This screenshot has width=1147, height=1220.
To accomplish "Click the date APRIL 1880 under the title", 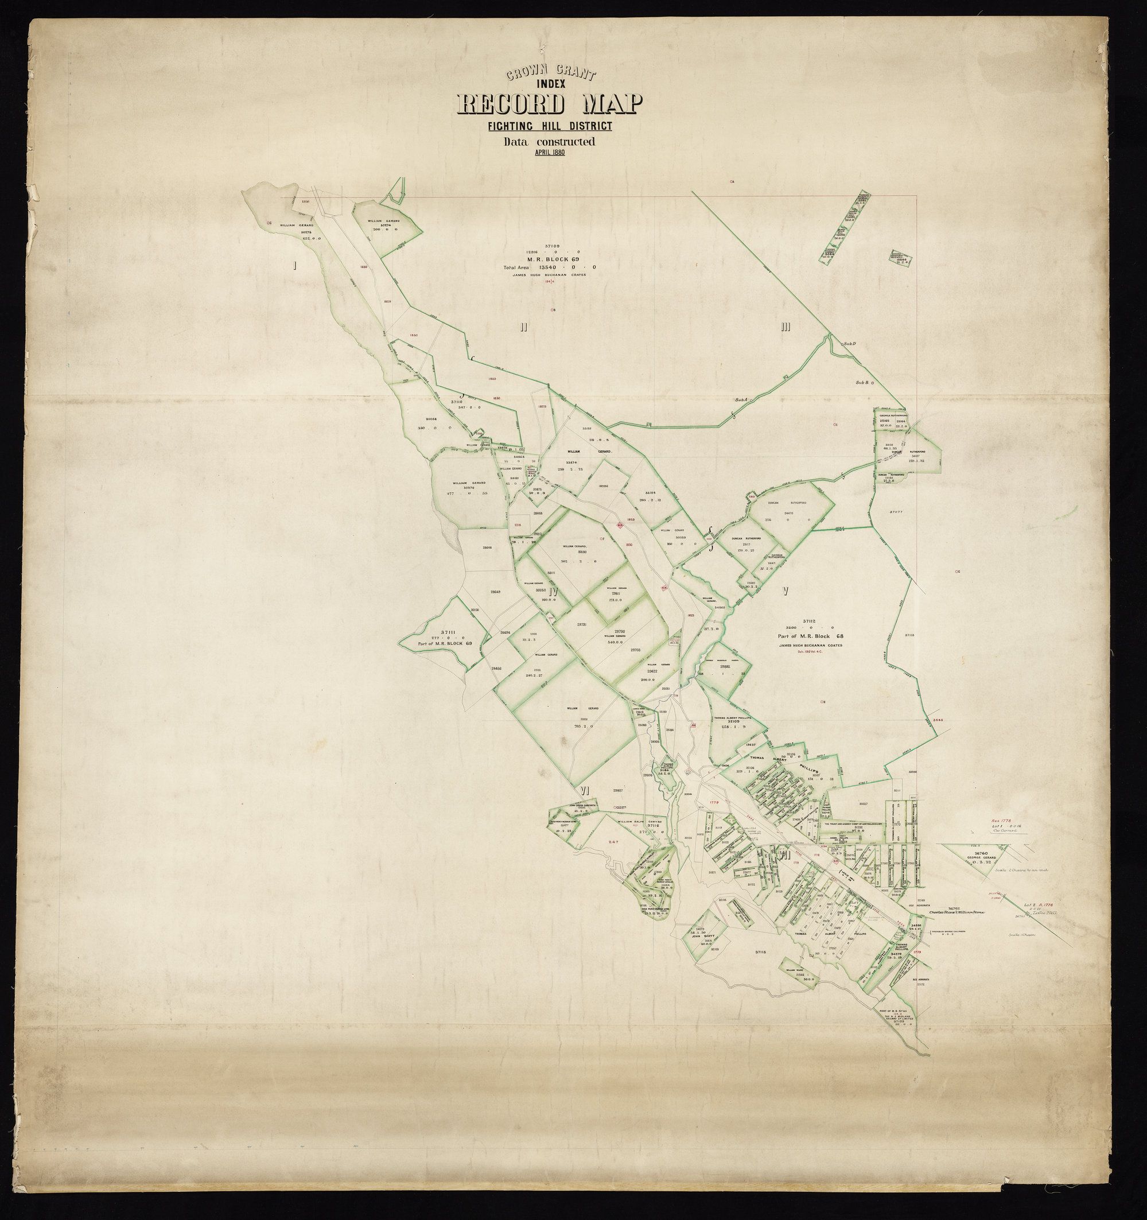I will coord(549,152).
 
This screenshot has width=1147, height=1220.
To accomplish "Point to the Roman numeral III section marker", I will coord(785,327).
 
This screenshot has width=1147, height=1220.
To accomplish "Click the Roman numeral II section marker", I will coord(523,327).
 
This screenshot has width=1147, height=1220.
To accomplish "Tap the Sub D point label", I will coord(849,344).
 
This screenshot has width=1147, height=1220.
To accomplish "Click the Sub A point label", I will coord(741,400).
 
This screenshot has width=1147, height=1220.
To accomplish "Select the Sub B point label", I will coord(863,382).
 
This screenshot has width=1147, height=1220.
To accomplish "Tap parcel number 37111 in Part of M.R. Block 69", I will coord(448,632).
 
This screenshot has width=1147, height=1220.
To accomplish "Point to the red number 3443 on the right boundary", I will coord(937,718).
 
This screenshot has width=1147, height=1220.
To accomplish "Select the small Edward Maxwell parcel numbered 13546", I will coord(901,259).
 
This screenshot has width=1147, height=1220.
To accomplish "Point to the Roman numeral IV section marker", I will coord(554,592).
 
